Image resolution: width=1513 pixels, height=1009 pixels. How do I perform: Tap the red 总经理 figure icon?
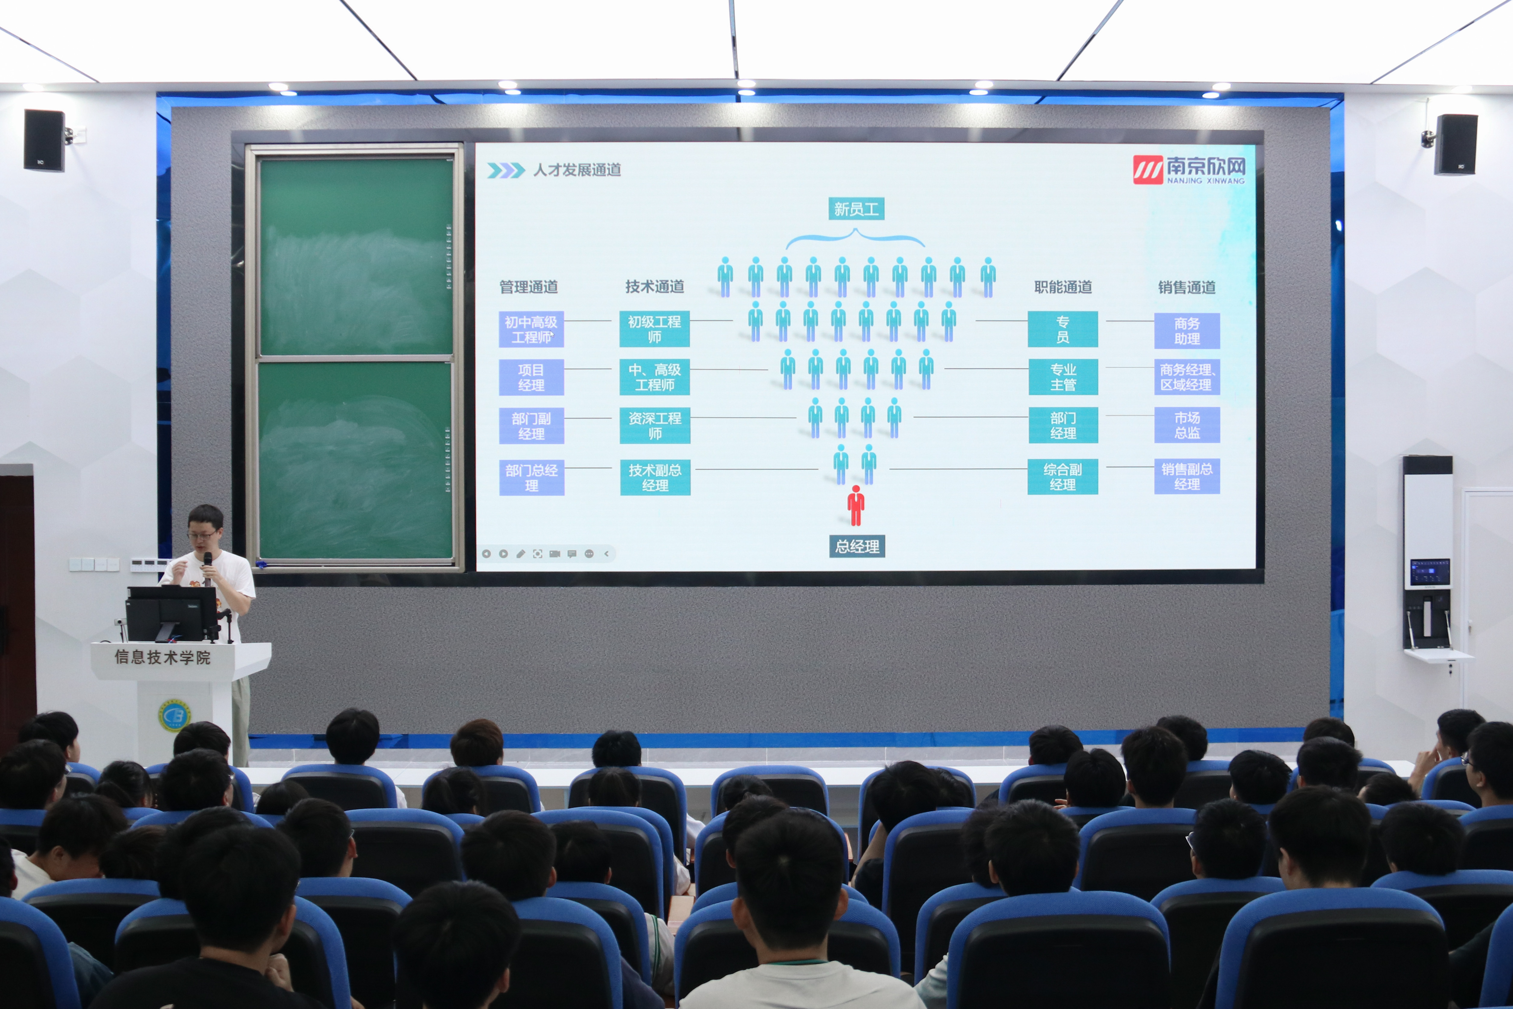tap(855, 506)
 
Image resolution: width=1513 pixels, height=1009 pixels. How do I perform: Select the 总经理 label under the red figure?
tap(857, 546)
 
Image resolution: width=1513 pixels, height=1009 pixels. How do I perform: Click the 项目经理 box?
tap(531, 377)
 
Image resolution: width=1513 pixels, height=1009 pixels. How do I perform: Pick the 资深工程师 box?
tap(655, 425)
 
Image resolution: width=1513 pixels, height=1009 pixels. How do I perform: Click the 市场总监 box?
tap(1187, 425)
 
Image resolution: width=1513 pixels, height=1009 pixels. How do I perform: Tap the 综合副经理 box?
tap(1063, 477)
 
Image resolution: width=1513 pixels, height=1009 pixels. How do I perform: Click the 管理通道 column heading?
tap(529, 287)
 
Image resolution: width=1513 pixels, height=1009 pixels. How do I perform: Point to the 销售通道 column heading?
tap(1187, 287)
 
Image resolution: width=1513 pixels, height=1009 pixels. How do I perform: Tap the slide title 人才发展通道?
tap(577, 170)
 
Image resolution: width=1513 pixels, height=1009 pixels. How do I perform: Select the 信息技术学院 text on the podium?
tap(163, 657)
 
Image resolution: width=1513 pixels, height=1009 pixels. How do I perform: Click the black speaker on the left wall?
tap(44, 140)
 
